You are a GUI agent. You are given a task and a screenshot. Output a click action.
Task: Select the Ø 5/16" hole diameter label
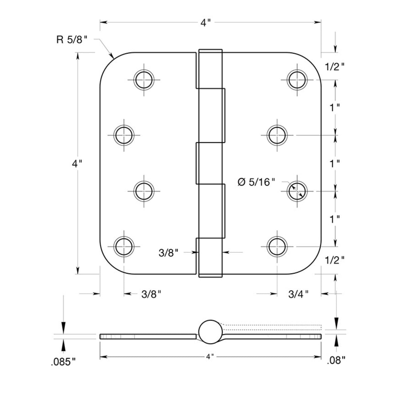pyautogui.click(x=256, y=182)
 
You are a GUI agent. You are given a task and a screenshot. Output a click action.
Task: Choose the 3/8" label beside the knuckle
pyautogui.click(x=168, y=253)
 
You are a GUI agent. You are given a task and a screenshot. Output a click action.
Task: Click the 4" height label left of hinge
pyautogui.click(x=77, y=164)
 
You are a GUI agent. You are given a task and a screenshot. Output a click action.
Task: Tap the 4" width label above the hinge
pyautogui.click(x=206, y=23)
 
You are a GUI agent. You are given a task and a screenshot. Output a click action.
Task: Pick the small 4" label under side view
pyautogui.click(x=210, y=357)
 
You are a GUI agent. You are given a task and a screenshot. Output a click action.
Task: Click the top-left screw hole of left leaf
pyautogui.click(x=145, y=79)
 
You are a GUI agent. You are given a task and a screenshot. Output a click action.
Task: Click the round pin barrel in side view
pyautogui.click(x=210, y=331)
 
